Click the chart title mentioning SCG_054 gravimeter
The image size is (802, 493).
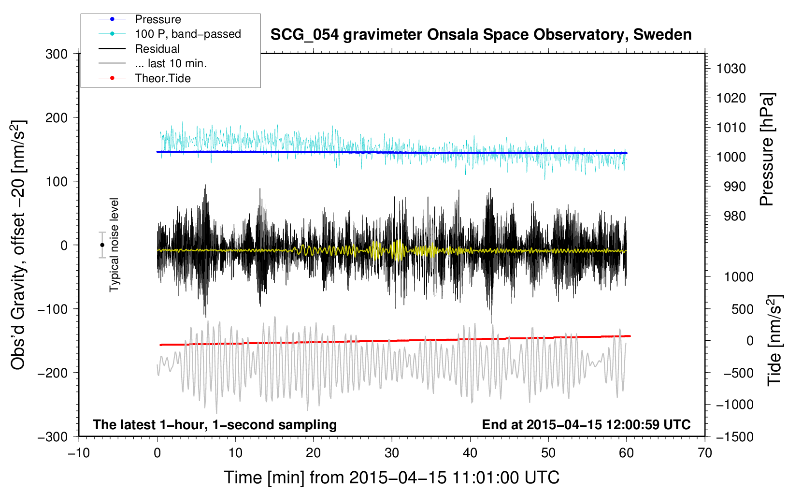[x=481, y=35]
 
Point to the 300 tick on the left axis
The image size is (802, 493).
[x=57, y=54]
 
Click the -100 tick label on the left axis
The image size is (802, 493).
[x=53, y=309]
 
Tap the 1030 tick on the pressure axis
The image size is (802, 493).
[x=731, y=69]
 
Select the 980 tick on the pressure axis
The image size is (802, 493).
[x=734, y=216]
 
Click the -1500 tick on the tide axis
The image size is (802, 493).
[x=735, y=437]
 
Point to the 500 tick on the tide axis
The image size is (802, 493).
[x=742, y=309]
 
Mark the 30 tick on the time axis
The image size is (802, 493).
[x=392, y=453]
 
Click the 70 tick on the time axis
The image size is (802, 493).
[x=704, y=453]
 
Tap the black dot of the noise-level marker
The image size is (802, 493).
[x=102, y=245]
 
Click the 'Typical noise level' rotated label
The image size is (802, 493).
[x=114, y=245]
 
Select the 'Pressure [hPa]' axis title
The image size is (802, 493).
[x=767, y=149]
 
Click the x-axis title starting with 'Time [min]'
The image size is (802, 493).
[x=392, y=478]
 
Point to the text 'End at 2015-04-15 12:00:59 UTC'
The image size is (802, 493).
[x=586, y=424]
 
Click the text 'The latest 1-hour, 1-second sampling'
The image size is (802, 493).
[x=215, y=425]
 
